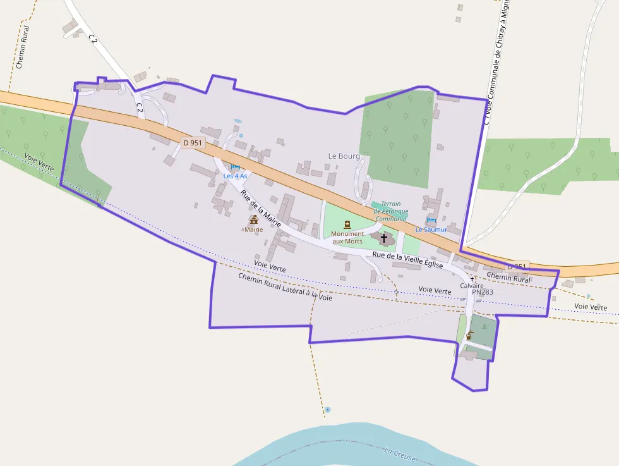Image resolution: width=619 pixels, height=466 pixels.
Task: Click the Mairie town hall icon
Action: [x=254, y=219]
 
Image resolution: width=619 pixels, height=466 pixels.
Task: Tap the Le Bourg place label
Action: [x=344, y=156]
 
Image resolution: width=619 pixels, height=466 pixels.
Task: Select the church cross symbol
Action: [x=384, y=238]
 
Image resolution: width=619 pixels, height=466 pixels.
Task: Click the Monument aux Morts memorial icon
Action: [x=347, y=224]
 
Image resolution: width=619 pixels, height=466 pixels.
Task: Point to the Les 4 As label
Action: [x=235, y=176]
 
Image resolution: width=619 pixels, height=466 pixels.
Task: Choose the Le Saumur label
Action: [x=431, y=230]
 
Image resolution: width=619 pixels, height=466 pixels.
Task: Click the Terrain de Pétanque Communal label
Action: [x=391, y=211]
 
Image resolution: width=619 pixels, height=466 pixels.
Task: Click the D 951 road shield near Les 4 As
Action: [x=193, y=143]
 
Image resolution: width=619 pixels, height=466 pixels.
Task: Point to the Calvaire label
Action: [x=471, y=286]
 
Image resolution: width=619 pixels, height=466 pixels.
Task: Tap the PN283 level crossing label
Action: [x=482, y=292]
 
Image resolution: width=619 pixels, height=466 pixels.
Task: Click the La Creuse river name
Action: [x=400, y=453]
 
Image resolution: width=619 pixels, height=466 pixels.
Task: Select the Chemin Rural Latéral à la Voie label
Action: [x=285, y=287]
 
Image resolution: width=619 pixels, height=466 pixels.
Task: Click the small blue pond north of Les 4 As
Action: [x=237, y=120]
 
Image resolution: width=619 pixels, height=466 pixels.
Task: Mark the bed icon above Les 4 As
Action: [x=236, y=167]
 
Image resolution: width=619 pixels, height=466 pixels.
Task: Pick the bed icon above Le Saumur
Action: [x=431, y=220]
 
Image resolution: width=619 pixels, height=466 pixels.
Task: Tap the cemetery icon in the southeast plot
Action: [x=469, y=336]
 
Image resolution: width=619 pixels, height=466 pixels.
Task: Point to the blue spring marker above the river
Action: [x=327, y=410]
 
